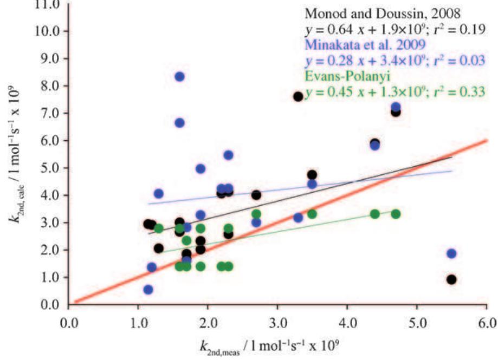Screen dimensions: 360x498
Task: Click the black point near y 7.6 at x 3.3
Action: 298,96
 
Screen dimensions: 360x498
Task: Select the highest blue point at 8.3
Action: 180,77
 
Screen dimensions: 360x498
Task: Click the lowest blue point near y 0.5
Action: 148,290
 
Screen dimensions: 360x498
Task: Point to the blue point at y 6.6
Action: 180,123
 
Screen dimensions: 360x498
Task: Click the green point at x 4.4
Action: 374,214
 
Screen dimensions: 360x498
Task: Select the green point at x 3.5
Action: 312,214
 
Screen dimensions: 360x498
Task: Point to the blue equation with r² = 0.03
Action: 394,61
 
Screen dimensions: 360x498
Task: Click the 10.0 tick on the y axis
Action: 49,31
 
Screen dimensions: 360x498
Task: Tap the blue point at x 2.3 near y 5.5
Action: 228,155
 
